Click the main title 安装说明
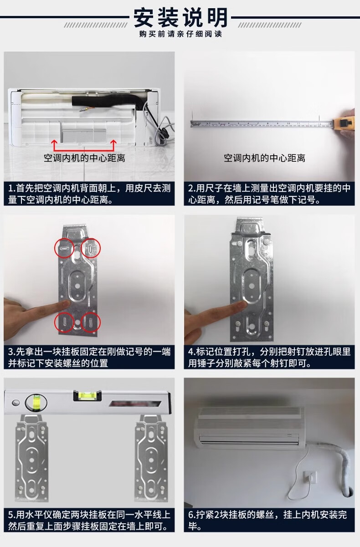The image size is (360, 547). (180, 18)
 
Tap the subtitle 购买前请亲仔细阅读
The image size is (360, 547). (180, 34)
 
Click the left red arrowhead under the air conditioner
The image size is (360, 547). (54, 142)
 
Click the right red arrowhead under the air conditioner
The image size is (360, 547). (113, 142)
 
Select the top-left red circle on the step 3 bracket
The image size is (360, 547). (64, 248)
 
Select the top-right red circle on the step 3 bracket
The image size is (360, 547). (90, 248)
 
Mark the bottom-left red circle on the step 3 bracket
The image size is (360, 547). (64, 322)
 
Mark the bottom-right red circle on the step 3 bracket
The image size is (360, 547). (90, 322)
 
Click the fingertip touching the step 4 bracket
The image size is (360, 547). (242, 304)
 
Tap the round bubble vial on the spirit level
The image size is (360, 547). (36, 403)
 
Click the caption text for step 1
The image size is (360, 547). (89, 194)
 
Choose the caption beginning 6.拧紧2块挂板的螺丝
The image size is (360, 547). (267, 520)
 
